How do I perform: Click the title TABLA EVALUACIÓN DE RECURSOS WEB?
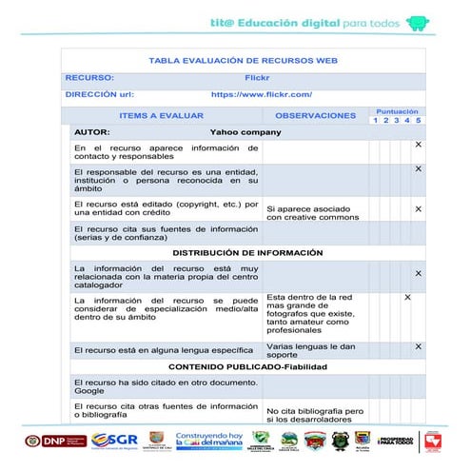coord(244,61)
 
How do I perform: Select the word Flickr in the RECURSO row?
coord(258,78)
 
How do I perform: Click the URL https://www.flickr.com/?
coord(261,95)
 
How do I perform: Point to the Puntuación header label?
coord(397,110)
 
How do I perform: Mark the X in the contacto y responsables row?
coord(418,145)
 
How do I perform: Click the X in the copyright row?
coord(418,209)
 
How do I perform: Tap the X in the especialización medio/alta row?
coord(407,298)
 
